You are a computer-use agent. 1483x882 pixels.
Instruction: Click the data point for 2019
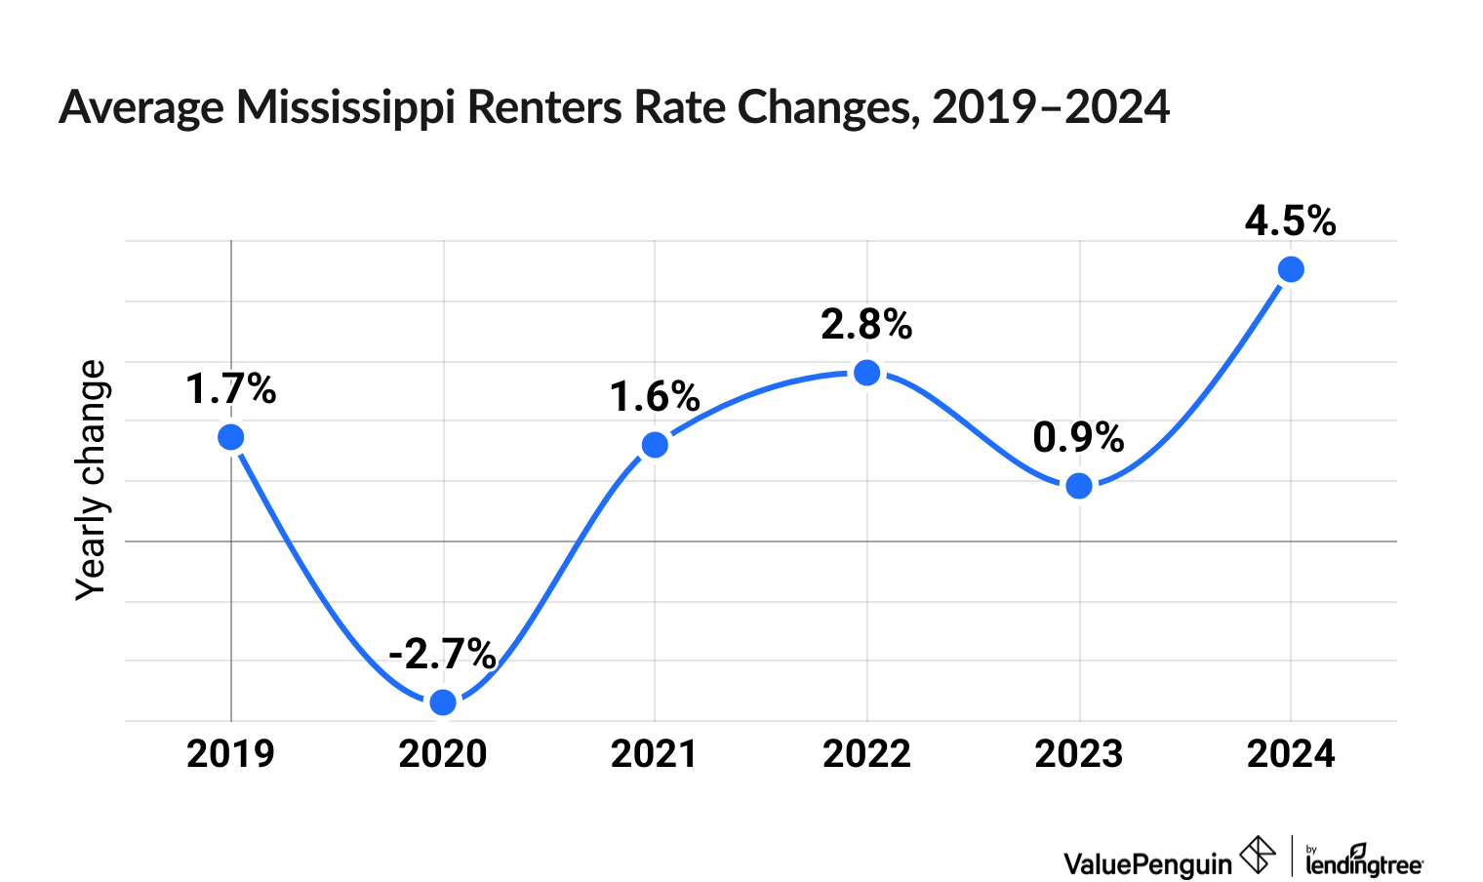230,437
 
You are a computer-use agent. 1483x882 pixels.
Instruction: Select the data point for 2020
443,702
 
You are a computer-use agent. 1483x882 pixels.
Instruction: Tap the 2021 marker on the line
655,445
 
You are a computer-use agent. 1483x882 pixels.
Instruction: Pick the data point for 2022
866,373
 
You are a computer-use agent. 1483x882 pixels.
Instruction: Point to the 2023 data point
1079,486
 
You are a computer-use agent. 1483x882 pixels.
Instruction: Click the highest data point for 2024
1291,269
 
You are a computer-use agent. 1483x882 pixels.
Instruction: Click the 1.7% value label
231,390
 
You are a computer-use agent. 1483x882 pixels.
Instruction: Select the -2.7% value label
442,654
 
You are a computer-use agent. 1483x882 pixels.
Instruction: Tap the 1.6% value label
655,397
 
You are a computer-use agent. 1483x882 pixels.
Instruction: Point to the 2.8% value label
866,325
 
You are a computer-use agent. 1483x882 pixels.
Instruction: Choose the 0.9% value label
1078,438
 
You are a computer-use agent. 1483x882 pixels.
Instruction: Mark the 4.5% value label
1290,221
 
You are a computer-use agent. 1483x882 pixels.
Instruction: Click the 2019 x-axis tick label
230,754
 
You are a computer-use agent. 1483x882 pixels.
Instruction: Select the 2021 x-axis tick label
655,754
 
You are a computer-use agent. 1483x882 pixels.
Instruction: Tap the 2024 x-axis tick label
1291,754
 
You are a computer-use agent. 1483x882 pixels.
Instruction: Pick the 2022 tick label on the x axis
866,754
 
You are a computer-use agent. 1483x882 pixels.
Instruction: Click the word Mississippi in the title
345,107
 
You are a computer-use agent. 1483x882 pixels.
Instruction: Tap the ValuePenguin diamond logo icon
1258,855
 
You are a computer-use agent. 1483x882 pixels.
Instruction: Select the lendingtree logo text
1364,862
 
